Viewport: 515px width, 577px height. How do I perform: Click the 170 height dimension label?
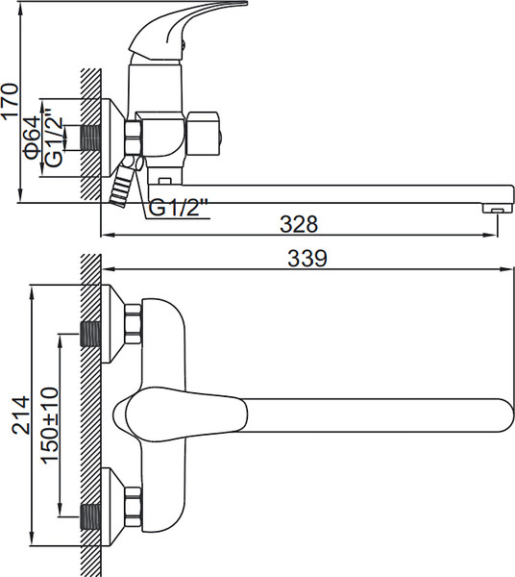(10, 100)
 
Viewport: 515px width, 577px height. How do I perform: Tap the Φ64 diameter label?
(33, 138)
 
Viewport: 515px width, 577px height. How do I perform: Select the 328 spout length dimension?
(299, 224)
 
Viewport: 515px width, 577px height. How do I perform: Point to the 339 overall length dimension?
(307, 258)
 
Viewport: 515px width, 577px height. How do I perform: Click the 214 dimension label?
(20, 414)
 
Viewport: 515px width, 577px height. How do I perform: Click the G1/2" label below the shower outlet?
(179, 208)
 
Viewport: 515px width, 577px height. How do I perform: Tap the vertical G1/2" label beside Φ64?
(54, 142)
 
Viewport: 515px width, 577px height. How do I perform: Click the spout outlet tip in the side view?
(497, 209)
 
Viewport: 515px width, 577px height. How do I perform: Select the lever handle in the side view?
(184, 30)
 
